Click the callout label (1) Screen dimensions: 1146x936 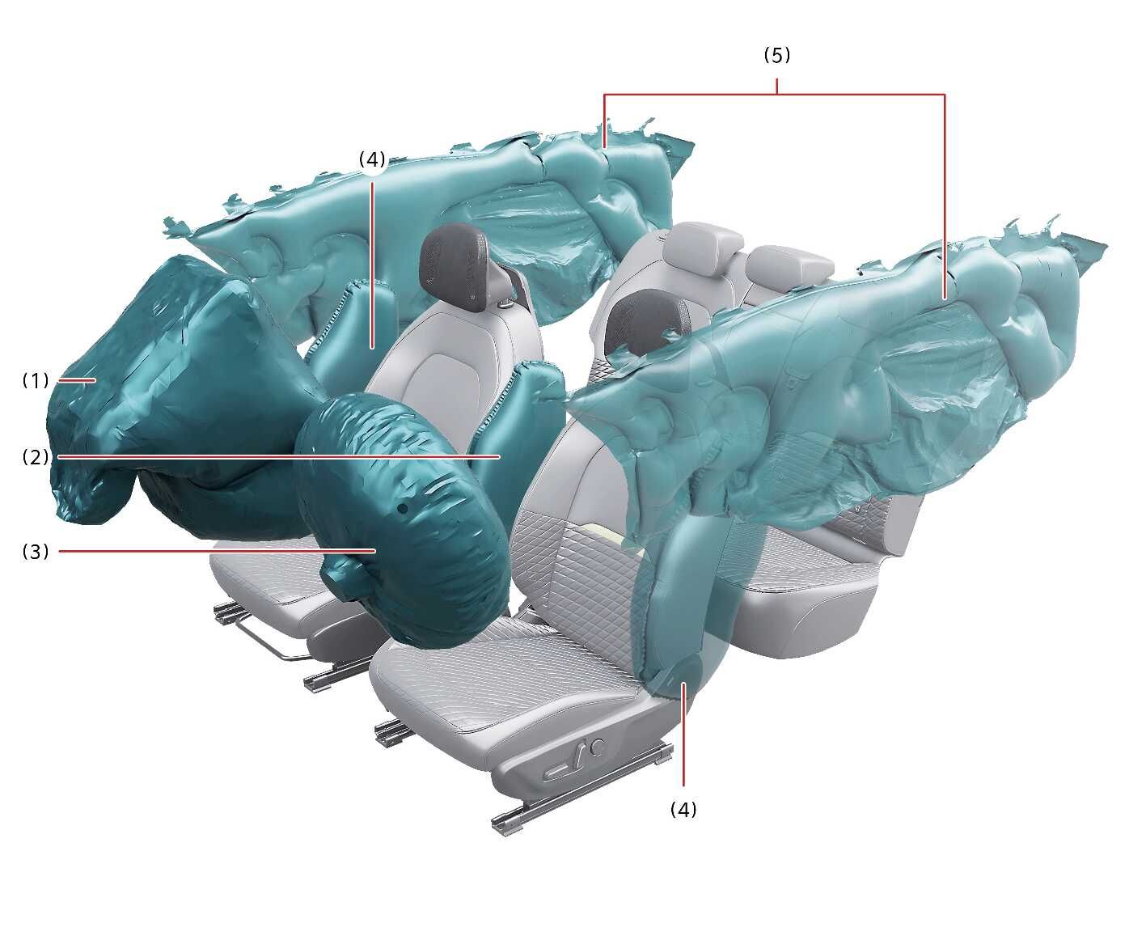point(36,380)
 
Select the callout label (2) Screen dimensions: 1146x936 point(36,457)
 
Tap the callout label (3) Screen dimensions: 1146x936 point(36,552)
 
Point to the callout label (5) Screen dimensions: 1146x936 point(777,55)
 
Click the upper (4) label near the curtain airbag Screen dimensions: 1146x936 point(372,159)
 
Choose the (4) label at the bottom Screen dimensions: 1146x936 point(683,809)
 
